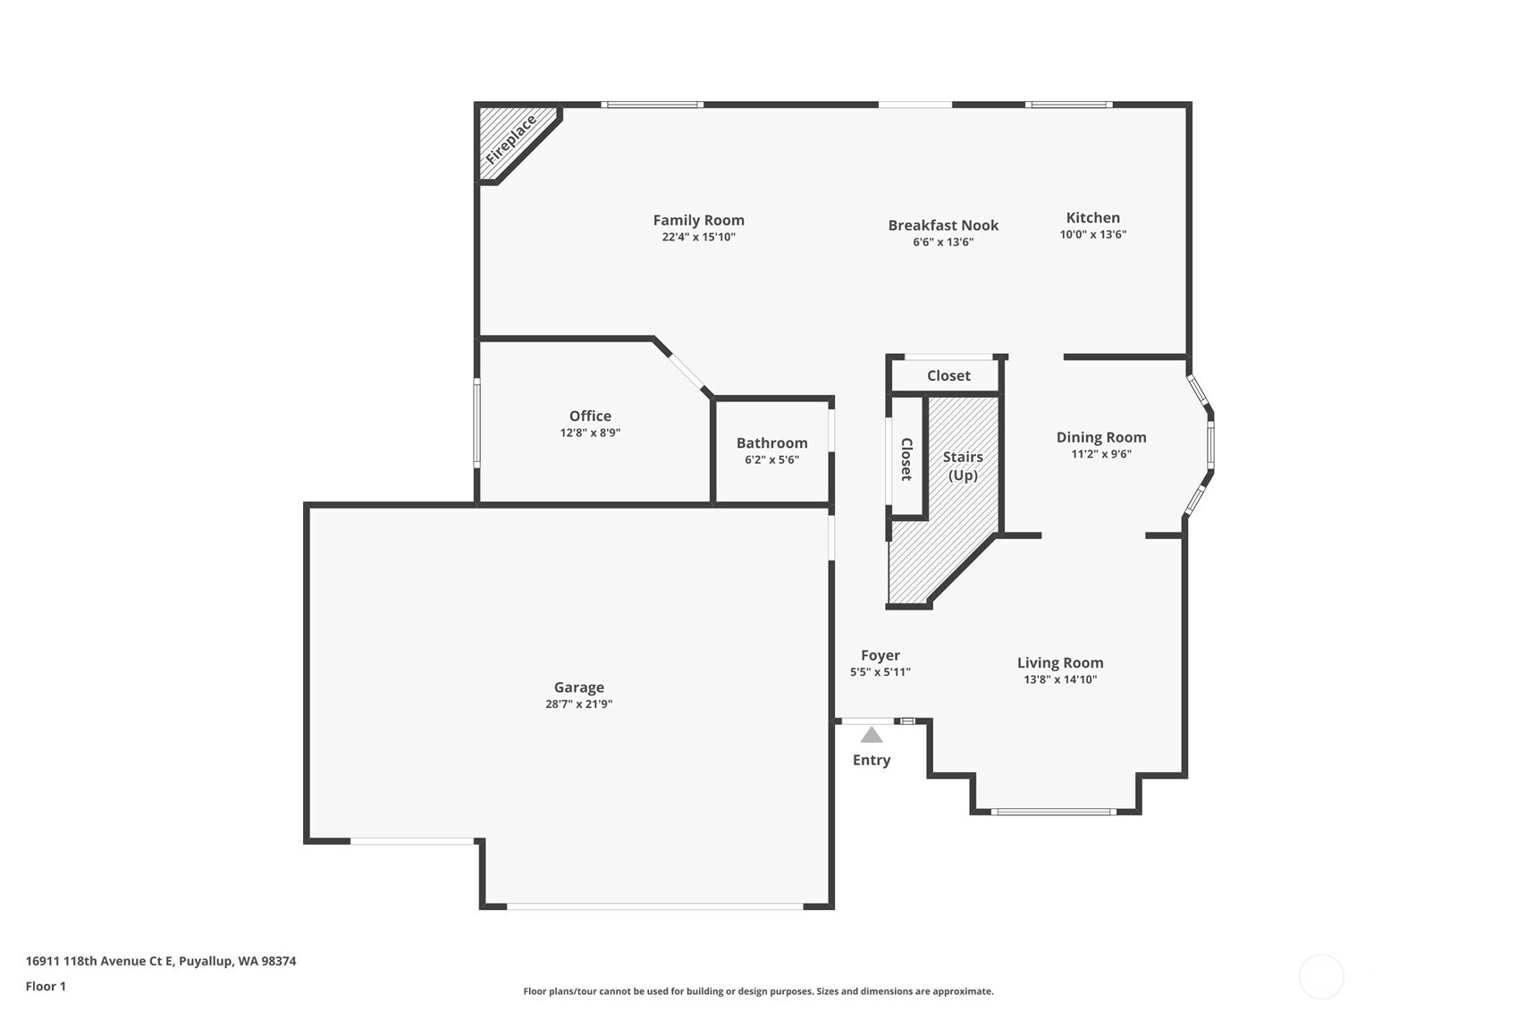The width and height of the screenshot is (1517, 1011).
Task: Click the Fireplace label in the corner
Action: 511,140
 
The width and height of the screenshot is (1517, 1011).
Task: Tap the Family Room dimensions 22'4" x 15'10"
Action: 698,237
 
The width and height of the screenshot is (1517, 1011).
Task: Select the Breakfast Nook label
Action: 943,225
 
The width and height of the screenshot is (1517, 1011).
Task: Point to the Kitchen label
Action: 1092,217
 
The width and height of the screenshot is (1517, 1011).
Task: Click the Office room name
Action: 590,416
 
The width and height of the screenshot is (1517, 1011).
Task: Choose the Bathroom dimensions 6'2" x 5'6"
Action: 771,459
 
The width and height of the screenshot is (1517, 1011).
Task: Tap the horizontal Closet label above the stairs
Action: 948,375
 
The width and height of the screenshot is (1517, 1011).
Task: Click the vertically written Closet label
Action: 906,459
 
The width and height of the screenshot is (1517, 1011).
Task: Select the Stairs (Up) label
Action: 963,466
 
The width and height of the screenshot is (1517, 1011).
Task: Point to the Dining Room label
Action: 1101,437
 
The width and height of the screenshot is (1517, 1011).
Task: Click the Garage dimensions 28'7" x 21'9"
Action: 578,703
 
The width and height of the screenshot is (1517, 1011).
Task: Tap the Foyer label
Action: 880,655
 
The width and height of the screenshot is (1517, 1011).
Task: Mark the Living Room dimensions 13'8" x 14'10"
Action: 1060,679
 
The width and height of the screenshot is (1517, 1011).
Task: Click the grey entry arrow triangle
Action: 871,735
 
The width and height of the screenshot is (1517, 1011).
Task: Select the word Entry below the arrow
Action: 871,760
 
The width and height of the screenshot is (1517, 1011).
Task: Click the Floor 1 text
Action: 46,986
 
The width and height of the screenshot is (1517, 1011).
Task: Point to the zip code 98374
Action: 278,961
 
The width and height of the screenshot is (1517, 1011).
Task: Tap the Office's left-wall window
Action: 476,423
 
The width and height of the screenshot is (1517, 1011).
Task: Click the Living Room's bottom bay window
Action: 1053,812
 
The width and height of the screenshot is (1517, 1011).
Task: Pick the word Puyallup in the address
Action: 206,962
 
